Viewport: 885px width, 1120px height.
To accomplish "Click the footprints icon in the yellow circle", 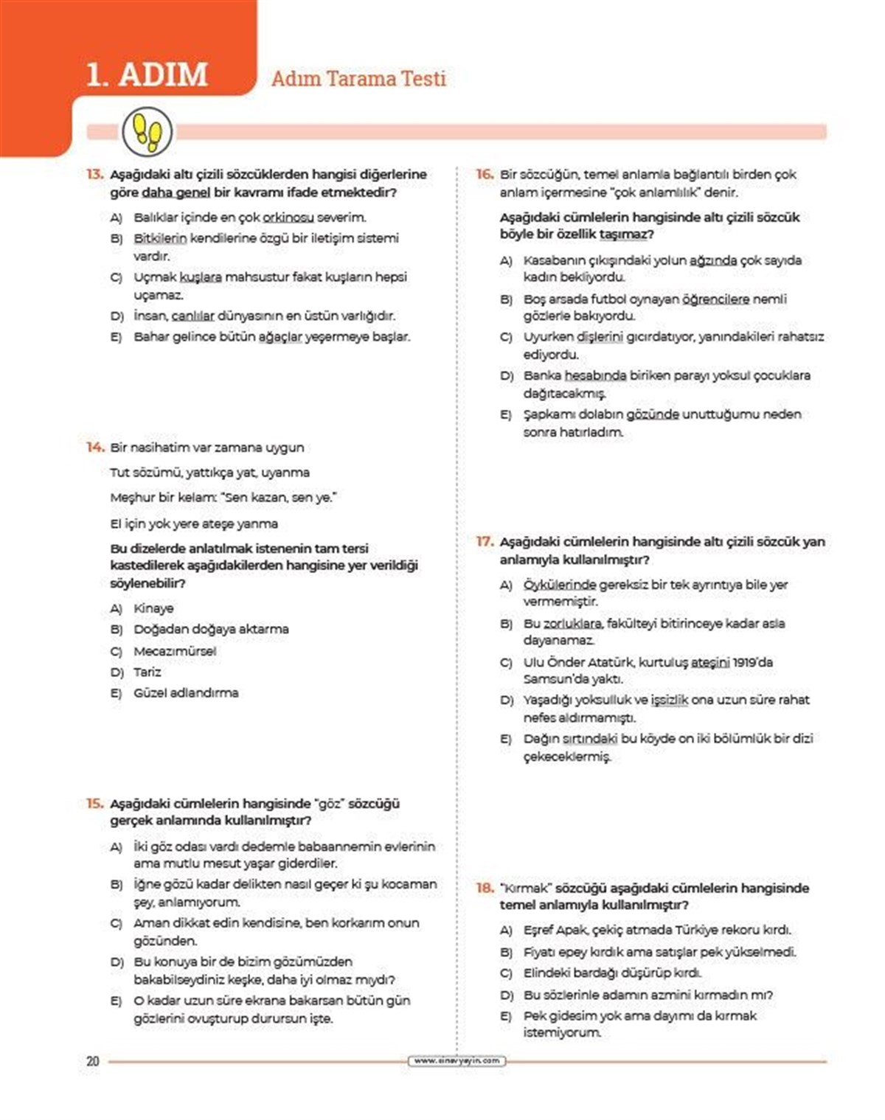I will pos(147,132).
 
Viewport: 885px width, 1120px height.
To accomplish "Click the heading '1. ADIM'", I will pos(147,74).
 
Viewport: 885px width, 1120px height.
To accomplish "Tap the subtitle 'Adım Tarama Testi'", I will pos(358,78).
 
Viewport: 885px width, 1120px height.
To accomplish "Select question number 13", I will pos(95,175).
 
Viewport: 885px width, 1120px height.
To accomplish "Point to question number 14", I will pos(95,448).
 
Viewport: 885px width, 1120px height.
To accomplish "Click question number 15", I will pos(95,804).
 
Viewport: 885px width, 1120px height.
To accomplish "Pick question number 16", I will pos(485,175).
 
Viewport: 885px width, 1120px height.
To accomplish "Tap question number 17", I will pos(485,542).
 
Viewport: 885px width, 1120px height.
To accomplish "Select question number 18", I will pos(485,888).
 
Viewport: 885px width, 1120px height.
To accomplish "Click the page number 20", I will pos(92,1061).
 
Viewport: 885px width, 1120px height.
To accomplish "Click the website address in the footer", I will pos(457,1061).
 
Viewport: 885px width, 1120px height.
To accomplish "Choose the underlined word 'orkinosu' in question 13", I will pos(288,218).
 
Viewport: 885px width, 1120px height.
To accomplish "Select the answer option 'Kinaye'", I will pos(153,608).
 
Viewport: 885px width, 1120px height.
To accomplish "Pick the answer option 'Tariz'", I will pos(147,672).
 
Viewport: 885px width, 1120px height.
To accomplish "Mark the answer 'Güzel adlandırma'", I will pos(186,693).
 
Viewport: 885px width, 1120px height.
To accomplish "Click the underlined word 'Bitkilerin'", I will pos(160,238).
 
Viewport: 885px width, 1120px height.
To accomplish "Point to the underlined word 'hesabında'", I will pos(595,376).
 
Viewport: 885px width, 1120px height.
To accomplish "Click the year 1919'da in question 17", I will pos(753,662).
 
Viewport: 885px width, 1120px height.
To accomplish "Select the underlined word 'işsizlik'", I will pos(669,700).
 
